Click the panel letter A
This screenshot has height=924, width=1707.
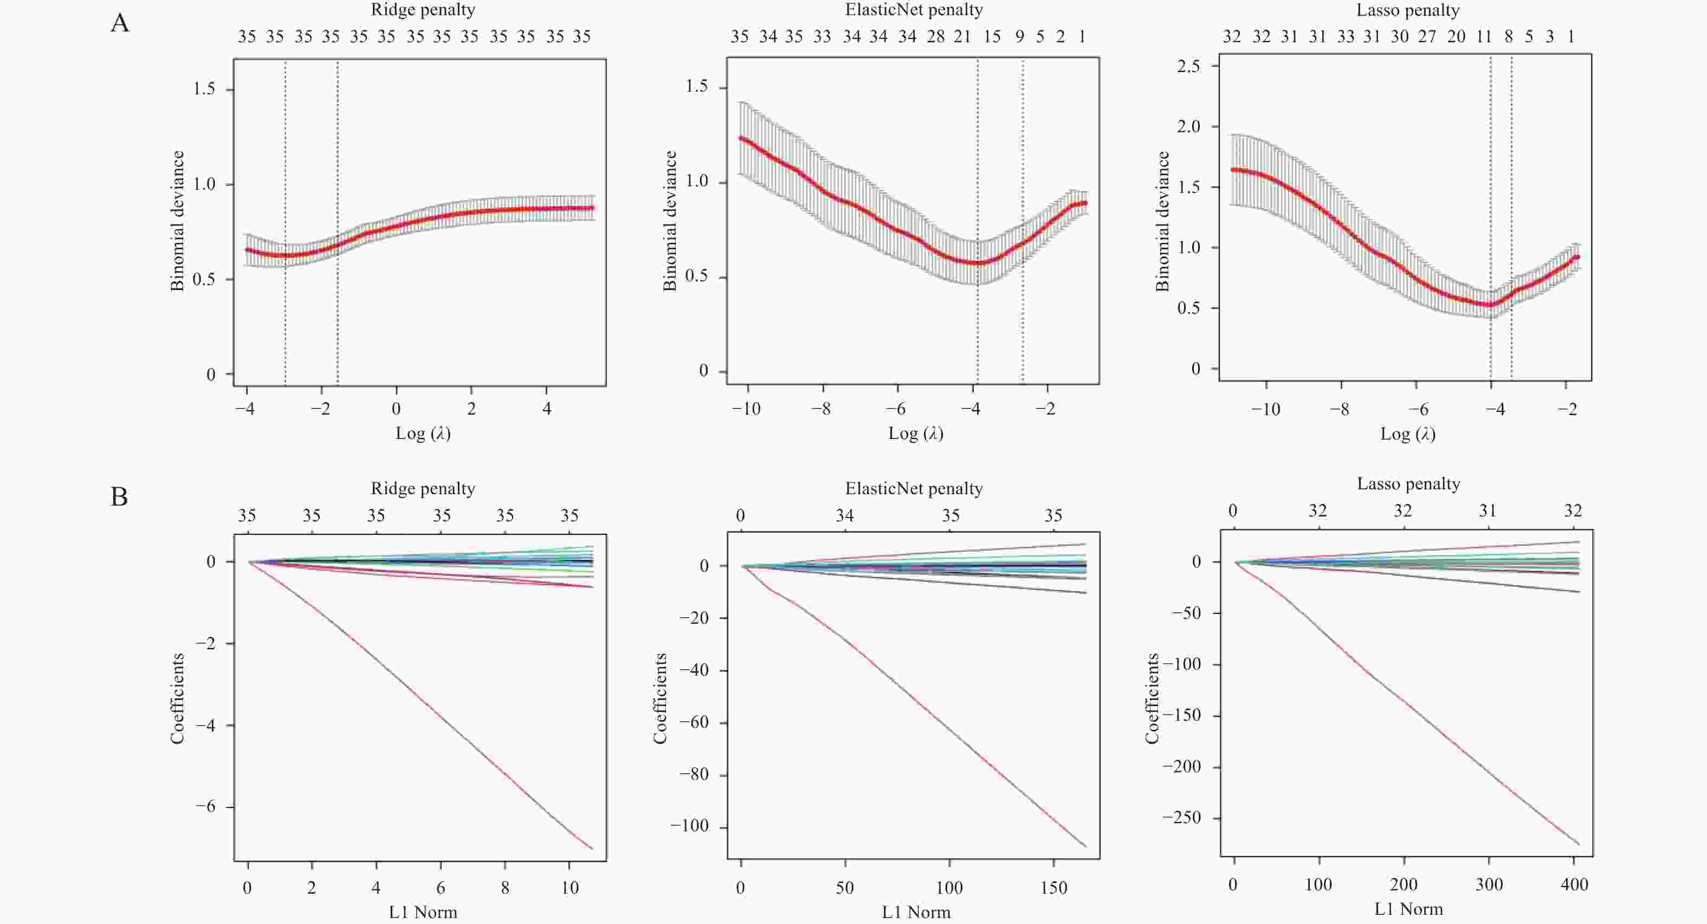pyautogui.click(x=120, y=24)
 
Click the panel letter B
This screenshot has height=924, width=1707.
pyautogui.click(x=119, y=497)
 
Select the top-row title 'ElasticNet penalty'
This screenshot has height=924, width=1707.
pyautogui.click(x=914, y=10)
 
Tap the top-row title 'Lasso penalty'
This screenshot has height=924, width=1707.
pyautogui.click(x=1407, y=10)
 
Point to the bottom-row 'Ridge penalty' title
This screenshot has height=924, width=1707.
pyautogui.click(x=423, y=488)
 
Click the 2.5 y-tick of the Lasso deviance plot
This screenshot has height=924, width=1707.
pyautogui.click(x=1188, y=66)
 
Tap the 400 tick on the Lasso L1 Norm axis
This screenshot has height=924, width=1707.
pyautogui.click(x=1574, y=885)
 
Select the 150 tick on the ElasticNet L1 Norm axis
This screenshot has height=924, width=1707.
pyautogui.click(x=1053, y=888)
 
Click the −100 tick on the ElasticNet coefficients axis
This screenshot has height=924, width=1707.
pyautogui.click(x=689, y=826)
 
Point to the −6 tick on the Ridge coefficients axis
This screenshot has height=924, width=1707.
pyautogui.click(x=205, y=807)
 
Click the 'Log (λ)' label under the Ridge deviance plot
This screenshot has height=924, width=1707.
pyautogui.click(x=423, y=434)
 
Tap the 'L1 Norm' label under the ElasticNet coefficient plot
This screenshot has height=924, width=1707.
pyautogui.click(x=916, y=913)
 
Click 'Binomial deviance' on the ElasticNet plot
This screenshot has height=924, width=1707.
pyautogui.click(x=670, y=221)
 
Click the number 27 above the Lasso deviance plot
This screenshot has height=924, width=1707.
pyautogui.click(x=1427, y=37)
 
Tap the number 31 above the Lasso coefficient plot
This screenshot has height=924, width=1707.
pyautogui.click(x=1488, y=511)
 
